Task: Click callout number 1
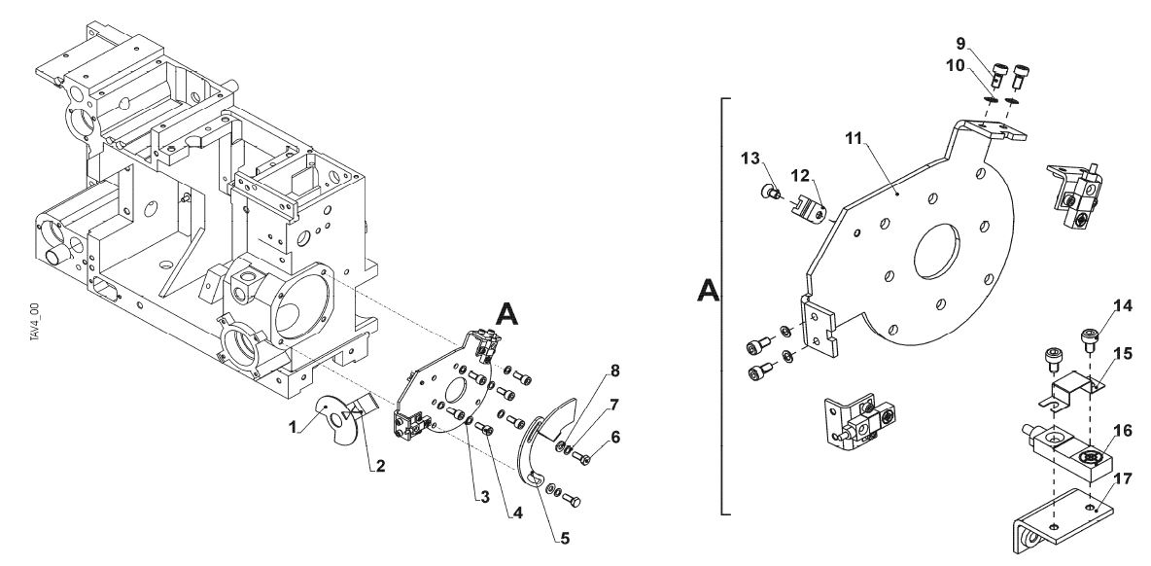[293, 427]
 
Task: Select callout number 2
[380, 466]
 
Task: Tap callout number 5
[564, 539]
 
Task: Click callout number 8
[614, 371]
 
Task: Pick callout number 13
[750, 158]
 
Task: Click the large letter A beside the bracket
[708, 291]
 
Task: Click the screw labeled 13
[770, 193]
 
